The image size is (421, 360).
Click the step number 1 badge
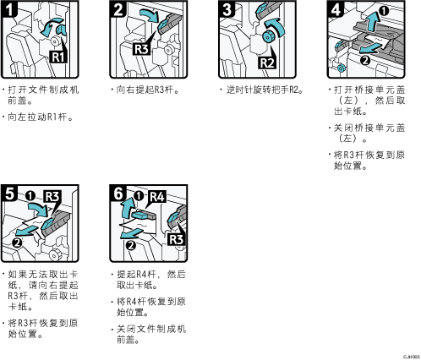pyautogui.click(x=9, y=8)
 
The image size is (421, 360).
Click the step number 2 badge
pyautogui.click(x=118, y=8)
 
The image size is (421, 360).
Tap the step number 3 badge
pyautogui.click(x=227, y=8)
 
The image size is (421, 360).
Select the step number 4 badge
pyautogui.click(x=336, y=8)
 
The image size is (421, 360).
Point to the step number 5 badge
pyautogui.click(x=9, y=193)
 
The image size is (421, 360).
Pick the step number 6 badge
pyautogui.click(x=118, y=193)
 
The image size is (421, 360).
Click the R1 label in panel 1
pyautogui.click(x=58, y=57)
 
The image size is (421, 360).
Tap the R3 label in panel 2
pyautogui.click(x=141, y=49)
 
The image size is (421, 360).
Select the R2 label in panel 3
pyautogui.click(x=266, y=63)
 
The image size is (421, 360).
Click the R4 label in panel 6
pyautogui.click(x=157, y=197)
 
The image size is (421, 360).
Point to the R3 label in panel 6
pyautogui.click(x=176, y=239)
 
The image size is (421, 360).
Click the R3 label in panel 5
pyautogui.click(x=52, y=196)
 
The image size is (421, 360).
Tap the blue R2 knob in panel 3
pyautogui.click(x=267, y=36)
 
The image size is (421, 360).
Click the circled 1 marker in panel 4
pyautogui.click(x=384, y=11)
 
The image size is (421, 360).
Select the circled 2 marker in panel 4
pyautogui.click(x=365, y=60)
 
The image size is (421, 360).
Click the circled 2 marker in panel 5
pyautogui.click(x=18, y=242)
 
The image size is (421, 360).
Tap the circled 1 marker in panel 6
pyautogui.click(x=139, y=196)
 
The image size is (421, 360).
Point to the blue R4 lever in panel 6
pyautogui.click(x=143, y=215)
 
